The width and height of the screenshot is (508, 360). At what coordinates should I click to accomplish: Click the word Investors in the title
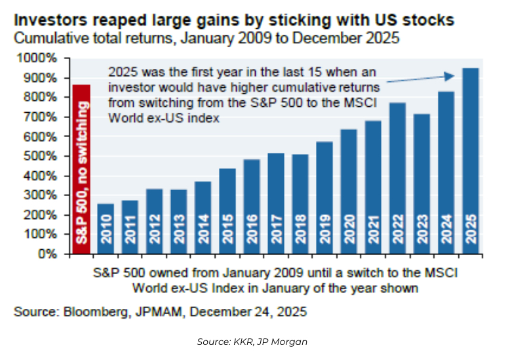[x=47, y=20]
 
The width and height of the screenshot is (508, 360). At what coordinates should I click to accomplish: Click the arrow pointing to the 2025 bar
[x=420, y=77]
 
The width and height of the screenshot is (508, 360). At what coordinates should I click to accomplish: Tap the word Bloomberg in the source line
[x=95, y=312]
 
